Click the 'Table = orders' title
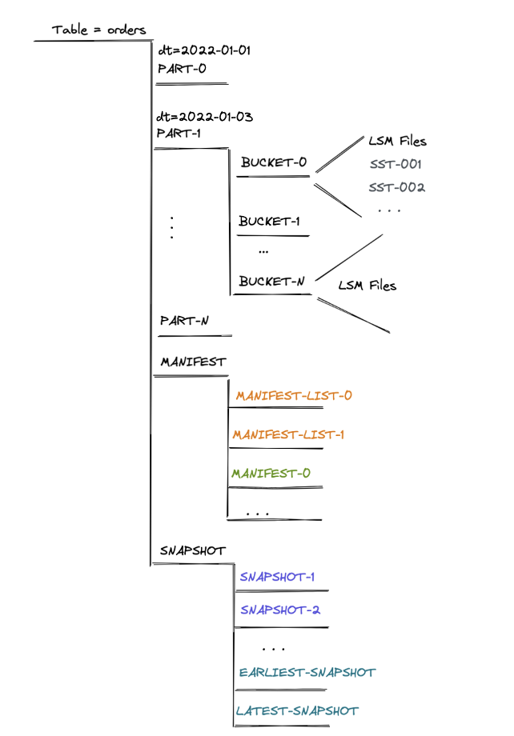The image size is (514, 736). pos(98,30)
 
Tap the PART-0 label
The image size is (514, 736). pos(182,69)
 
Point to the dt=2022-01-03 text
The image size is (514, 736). pos(205,117)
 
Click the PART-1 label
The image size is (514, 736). pos(179,133)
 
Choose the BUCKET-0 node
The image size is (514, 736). pos(274,162)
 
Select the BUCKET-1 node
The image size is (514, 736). pos(269,222)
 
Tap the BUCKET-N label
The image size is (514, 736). pos(272,282)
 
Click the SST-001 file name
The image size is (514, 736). pos(396,165)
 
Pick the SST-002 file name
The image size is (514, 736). pos(396,188)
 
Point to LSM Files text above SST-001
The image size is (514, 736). pos(397,142)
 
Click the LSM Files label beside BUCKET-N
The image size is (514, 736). pos(367,286)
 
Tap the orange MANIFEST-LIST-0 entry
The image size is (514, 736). pos(294,396)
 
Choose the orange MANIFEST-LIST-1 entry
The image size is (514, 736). pos(288,435)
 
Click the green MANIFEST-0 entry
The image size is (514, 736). pos(271,474)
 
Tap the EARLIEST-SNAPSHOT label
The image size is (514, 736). pos(307,672)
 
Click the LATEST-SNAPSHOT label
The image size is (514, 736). pos(297,710)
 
